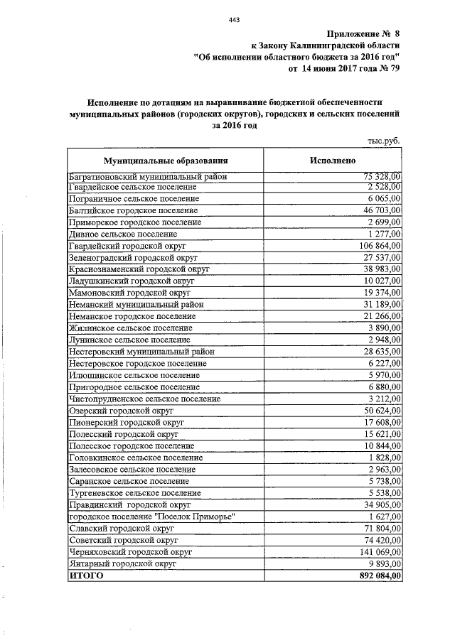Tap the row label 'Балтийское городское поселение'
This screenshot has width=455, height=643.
coord(134,211)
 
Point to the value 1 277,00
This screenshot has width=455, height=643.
coord(385,234)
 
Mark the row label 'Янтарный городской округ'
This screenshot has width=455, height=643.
coord(122,562)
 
